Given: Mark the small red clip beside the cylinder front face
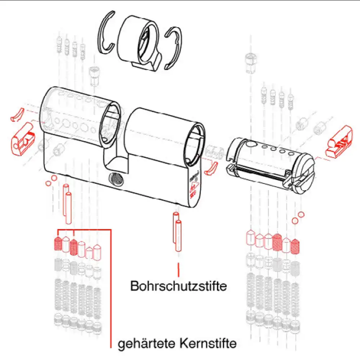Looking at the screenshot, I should [211, 167].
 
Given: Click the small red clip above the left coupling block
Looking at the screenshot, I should [17, 114].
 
